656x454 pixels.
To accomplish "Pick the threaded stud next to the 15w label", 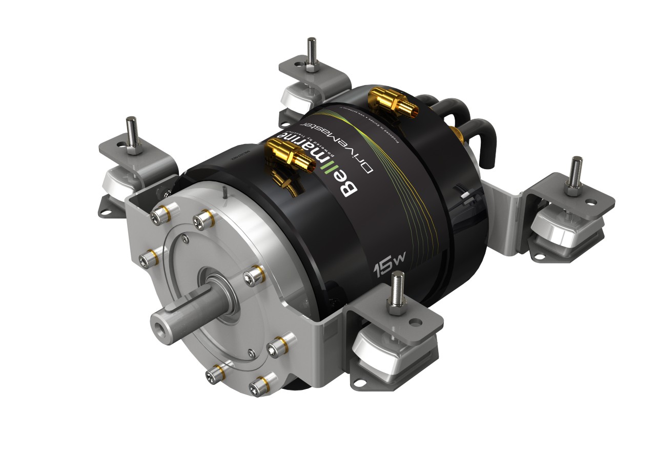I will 397,289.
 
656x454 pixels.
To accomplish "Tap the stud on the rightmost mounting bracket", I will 575,174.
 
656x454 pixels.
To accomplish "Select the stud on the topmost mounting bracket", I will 311,52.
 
